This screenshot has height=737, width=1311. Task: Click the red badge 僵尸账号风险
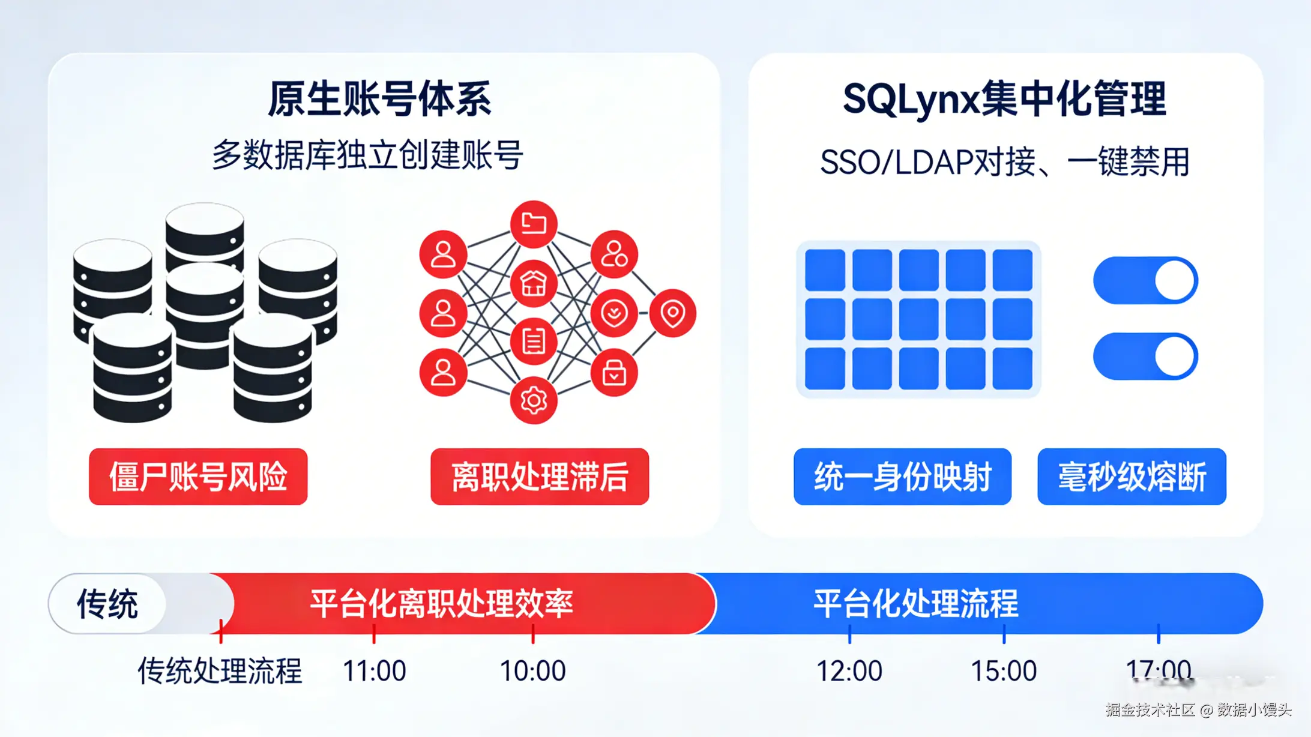(198, 477)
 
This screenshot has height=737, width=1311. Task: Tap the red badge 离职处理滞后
(539, 477)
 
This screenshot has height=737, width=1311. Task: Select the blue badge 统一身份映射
(902, 477)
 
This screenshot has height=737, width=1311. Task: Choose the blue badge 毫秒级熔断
(1132, 477)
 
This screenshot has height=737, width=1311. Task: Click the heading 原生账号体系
(380, 99)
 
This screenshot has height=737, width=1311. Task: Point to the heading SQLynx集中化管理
(1004, 99)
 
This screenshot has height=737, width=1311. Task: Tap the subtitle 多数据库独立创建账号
(367, 155)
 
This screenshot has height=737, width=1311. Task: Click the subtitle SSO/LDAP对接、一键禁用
(1004, 162)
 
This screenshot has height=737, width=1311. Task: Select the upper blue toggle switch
(1145, 280)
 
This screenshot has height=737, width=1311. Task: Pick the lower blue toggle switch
(1145, 356)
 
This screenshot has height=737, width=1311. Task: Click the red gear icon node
(533, 400)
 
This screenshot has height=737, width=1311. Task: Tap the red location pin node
(672, 313)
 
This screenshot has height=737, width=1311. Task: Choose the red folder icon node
(533, 224)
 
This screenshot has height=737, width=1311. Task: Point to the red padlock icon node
(613, 373)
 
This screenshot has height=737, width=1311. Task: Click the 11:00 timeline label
(374, 670)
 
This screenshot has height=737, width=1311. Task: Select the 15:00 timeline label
(1004, 670)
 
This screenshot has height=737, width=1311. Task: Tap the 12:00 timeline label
(849, 670)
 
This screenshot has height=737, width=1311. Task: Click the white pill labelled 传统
(107, 604)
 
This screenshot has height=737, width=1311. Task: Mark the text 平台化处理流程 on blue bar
(915, 604)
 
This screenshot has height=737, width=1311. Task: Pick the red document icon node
(533, 341)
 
